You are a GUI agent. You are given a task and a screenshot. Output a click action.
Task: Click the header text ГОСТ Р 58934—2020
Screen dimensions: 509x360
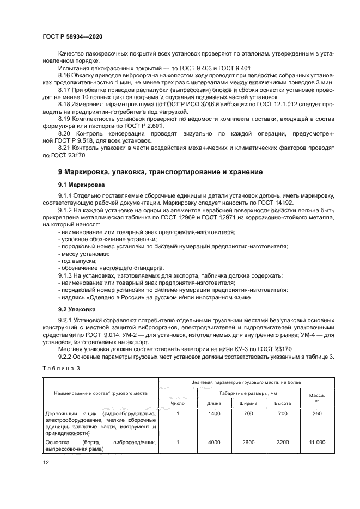coord(73,35)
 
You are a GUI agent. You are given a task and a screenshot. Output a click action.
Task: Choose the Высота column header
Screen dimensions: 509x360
coord(282,403)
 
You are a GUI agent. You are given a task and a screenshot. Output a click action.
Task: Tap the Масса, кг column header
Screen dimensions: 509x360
coord(317,398)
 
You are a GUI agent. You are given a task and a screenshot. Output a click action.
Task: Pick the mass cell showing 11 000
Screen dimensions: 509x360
coord(317,443)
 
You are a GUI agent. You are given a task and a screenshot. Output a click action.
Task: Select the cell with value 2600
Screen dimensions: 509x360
coord(248,443)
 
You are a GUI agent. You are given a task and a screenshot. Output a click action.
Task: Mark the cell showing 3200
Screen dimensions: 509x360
coord(282,443)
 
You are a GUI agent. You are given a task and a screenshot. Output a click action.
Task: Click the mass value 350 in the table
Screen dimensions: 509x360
coord(317,414)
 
